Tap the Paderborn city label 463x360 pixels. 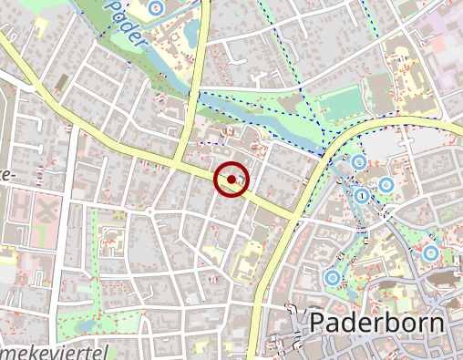376,324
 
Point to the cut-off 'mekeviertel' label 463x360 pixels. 55,352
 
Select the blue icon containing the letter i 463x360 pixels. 363,195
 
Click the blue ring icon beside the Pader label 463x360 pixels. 155,7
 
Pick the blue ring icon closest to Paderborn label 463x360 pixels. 333,276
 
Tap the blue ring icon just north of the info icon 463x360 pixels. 359,162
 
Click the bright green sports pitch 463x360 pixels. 342,107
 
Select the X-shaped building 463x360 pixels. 46,211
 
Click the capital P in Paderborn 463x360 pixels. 319,324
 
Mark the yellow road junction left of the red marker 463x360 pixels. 182,164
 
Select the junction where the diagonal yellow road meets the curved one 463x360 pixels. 296,217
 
